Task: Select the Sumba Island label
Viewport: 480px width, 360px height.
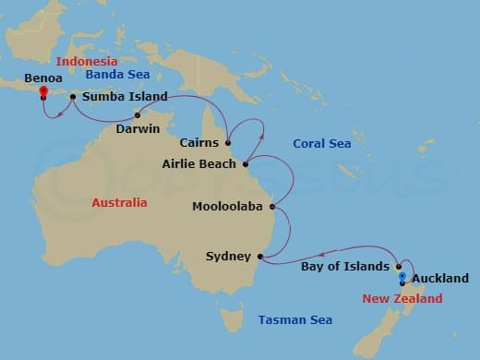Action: tap(125, 96)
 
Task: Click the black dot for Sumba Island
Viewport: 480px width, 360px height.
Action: tap(73, 96)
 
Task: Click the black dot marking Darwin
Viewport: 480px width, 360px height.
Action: tap(138, 115)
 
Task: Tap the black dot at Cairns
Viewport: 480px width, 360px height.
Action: tap(227, 143)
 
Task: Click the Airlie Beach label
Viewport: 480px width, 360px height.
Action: tap(204, 165)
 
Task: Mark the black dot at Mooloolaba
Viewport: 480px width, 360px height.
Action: tap(271, 207)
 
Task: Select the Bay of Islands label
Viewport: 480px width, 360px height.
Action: tap(345, 267)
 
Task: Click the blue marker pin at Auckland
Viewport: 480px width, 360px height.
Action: tap(402, 276)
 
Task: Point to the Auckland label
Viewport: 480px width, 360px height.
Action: tap(440, 278)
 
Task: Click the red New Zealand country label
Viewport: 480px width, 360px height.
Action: tap(402, 299)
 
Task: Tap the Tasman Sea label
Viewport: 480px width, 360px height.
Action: tap(295, 320)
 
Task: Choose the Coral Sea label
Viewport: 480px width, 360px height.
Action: tap(320, 143)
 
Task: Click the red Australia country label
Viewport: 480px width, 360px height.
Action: tap(120, 202)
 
